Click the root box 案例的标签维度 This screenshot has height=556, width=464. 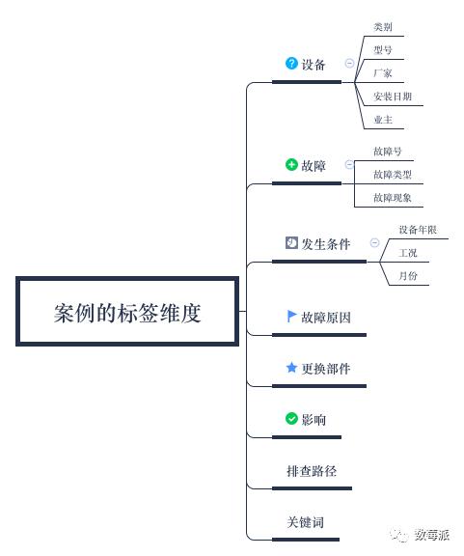[x=127, y=312]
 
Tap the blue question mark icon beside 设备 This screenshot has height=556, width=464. [x=291, y=64]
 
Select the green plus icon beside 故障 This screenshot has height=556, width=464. [x=291, y=164]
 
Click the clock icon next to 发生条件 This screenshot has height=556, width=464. [x=291, y=243]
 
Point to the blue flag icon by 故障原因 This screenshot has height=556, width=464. [x=291, y=317]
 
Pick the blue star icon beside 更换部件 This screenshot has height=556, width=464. [x=291, y=368]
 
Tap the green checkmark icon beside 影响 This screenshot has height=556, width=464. [x=291, y=419]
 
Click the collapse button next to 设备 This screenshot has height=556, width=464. [x=349, y=63]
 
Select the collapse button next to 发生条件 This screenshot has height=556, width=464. [x=374, y=243]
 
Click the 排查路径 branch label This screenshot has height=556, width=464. [x=312, y=471]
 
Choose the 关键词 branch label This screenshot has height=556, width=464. [x=305, y=522]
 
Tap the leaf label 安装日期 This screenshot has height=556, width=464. [x=393, y=97]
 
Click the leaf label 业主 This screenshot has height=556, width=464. [x=383, y=120]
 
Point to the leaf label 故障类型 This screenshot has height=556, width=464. [x=393, y=174]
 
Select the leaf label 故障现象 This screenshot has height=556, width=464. [x=393, y=198]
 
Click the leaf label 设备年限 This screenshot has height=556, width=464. [x=418, y=230]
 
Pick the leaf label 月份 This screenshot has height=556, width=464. [x=408, y=275]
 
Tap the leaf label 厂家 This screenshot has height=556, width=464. [x=383, y=73]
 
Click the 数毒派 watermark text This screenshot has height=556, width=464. [x=432, y=535]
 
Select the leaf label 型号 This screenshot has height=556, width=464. [x=383, y=49]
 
